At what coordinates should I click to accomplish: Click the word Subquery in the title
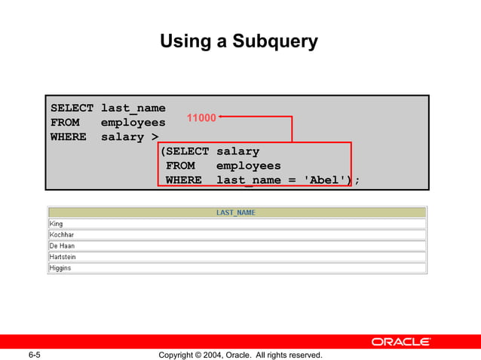point(274,41)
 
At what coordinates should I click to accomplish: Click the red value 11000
point(201,117)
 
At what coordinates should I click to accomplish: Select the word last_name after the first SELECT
point(133,108)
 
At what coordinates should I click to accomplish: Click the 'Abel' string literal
point(320,180)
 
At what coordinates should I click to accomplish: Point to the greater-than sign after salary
point(155,137)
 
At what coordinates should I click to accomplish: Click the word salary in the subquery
point(237,151)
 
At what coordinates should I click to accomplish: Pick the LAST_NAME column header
point(236,212)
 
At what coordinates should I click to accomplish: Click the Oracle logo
point(401,342)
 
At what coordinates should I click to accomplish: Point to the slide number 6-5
point(35,355)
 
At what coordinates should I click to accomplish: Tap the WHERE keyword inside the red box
point(184,180)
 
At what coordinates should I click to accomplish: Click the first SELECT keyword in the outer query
point(72,108)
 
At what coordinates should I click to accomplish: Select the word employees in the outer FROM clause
point(133,123)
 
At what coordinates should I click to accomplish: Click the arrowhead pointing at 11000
point(221,117)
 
